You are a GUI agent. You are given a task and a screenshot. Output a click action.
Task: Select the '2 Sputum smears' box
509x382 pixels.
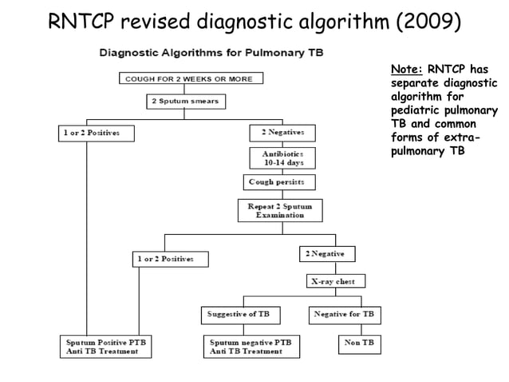click(184, 101)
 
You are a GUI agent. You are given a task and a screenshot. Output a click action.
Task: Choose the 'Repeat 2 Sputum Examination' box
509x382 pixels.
click(280, 210)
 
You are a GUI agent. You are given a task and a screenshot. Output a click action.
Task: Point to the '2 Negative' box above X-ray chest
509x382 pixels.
click(327, 253)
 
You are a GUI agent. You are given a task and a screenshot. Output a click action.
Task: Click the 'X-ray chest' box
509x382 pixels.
click(336, 281)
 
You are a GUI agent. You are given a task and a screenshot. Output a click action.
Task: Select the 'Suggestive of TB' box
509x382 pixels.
click(239, 314)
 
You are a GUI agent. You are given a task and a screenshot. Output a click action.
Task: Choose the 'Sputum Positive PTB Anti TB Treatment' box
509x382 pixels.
click(107, 346)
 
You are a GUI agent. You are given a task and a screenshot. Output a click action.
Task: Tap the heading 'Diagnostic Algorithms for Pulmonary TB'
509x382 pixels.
click(211, 54)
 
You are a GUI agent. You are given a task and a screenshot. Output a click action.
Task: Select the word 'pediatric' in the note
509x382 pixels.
click(418, 110)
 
